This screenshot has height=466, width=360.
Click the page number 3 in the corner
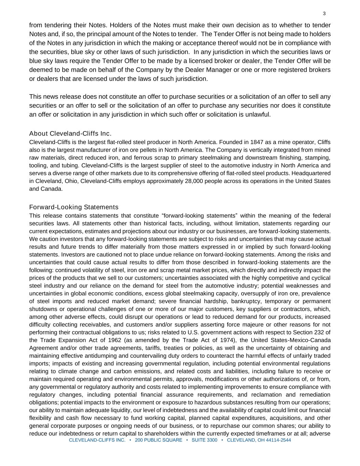click(x=324, y=14)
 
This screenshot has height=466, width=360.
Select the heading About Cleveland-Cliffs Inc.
click(x=70, y=133)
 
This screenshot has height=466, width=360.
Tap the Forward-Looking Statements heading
click(x=74, y=207)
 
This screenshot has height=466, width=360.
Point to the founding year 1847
click(x=257, y=142)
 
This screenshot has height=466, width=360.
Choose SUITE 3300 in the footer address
click(x=204, y=440)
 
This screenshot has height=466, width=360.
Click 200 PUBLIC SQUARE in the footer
click(x=159, y=440)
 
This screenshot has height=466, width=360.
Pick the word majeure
click(x=252, y=325)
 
